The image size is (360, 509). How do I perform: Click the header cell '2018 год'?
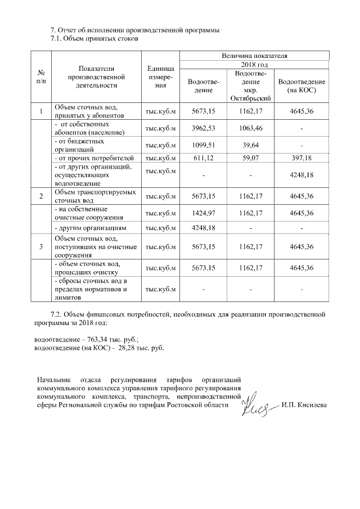pyautogui.click(x=254, y=66)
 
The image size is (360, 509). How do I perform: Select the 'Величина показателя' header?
pyautogui.click(x=254, y=56)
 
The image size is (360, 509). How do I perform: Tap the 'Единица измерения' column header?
pyautogui.click(x=161, y=78)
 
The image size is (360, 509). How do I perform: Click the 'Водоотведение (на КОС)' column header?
pyautogui.click(x=301, y=85)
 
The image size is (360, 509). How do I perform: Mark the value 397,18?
pyautogui.click(x=301, y=159)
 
